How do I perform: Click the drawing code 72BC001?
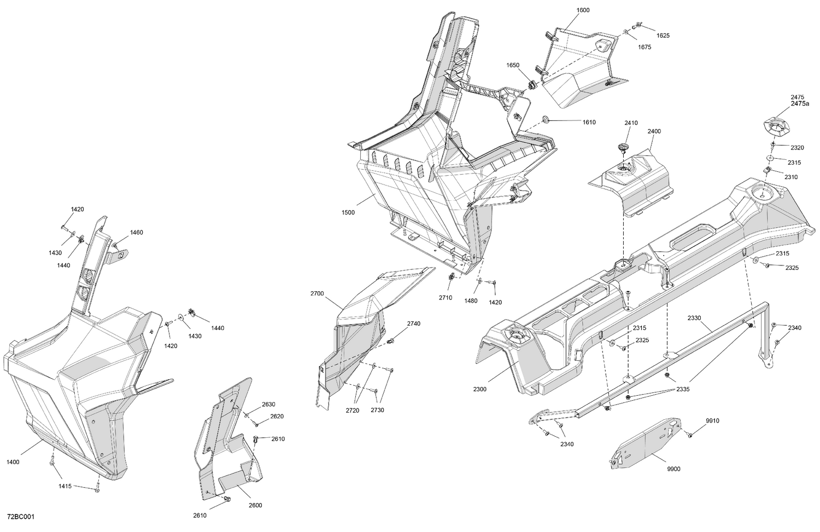tap(21, 517)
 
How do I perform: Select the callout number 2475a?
tap(800, 103)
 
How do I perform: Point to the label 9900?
tap(673, 469)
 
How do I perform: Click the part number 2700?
tap(317, 294)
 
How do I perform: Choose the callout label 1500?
tap(348, 212)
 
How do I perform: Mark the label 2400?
tap(654, 131)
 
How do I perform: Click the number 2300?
tap(480, 389)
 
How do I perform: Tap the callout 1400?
tap(13, 462)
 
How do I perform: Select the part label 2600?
tap(255, 505)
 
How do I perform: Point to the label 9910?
tap(712, 421)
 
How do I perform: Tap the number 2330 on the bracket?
tap(694, 318)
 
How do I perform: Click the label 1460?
tap(136, 233)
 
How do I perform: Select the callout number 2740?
tap(414, 323)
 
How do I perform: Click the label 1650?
tap(513, 65)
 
